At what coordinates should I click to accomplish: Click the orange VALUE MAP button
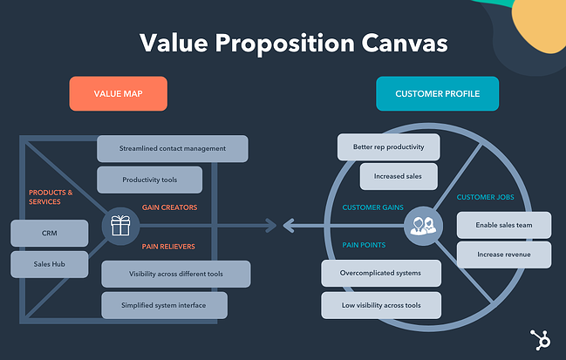[x=117, y=94]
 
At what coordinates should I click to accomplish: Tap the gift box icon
[x=119, y=227]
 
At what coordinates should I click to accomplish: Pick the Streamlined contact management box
[x=173, y=148]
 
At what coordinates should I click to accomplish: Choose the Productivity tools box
[x=149, y=180]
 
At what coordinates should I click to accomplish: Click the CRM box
[x=50, y=233]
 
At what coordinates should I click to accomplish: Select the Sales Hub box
[x=50, y=263]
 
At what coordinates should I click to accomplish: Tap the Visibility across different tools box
[x=176, y=274]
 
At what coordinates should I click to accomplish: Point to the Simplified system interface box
[x=165, y=305]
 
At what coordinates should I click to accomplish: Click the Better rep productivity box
[x=387, y=146]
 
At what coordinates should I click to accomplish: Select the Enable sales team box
[x=504, y=225]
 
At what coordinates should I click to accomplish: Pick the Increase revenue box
[x=504, y=255]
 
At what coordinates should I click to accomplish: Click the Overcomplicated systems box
[x=380, y=273]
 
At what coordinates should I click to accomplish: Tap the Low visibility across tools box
[x=380, y=304]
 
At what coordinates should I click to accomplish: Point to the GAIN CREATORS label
[x=170, y=207]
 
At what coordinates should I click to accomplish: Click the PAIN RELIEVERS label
[x=168, y=247]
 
